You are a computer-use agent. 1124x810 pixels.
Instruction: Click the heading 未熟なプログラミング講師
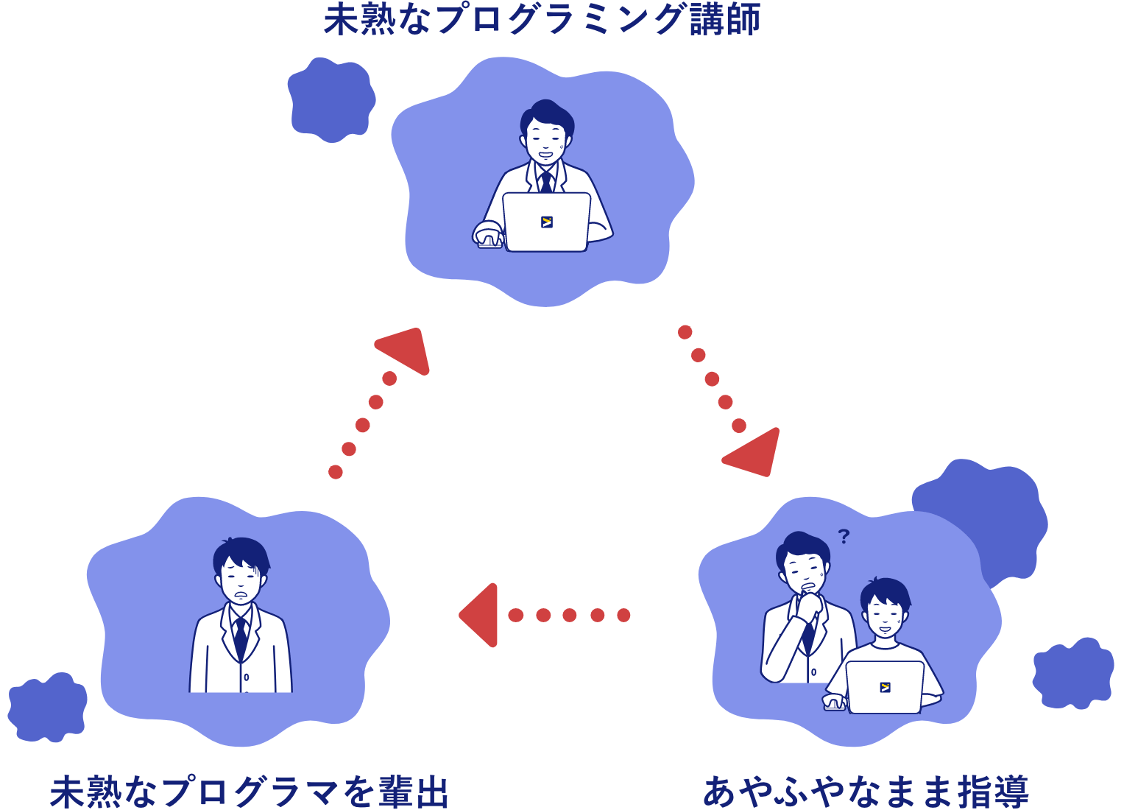(542, 20)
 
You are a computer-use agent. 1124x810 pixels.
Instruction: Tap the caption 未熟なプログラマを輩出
(249, 792)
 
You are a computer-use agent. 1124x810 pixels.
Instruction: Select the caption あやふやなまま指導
(866, 792)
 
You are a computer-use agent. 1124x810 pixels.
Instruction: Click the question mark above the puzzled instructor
(844, 536)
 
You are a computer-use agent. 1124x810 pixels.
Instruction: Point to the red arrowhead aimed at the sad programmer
(481, 615)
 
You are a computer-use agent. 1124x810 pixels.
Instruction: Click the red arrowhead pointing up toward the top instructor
(406, 351)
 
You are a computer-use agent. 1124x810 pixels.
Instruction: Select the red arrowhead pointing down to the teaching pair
(755, 451)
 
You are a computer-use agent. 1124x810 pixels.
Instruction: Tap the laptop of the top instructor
(546, 222)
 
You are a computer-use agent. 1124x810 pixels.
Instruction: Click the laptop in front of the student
(885, 686)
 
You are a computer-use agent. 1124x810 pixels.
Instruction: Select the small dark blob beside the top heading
(331, 99)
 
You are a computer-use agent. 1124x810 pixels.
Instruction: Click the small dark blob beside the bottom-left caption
(47, 707)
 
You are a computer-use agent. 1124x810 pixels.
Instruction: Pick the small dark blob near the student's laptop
(1072, 673)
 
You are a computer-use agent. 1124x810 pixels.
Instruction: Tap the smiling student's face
(884, 615)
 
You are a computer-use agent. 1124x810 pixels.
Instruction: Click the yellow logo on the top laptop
(546, 222)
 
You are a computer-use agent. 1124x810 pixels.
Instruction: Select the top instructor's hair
(547, 114)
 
